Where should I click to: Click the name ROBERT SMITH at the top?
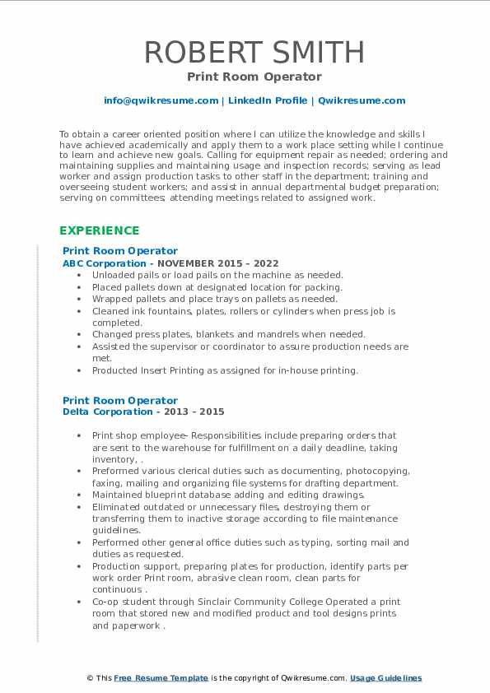point(254,52)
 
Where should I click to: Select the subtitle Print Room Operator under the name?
point(254,77)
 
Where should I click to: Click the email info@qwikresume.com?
point(161,100)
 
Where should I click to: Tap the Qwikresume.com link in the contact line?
point(362,100)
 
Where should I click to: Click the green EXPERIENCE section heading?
point(99,230)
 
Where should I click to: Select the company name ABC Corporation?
point(93,263)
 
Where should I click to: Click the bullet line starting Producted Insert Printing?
point(225,370)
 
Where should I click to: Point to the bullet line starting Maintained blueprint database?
point(228,495)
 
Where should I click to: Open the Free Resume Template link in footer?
point(161,678)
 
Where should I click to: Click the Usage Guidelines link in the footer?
point(385,678)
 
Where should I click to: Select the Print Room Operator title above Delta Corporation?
point(120,401)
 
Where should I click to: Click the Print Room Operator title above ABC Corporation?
point(120,251)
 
